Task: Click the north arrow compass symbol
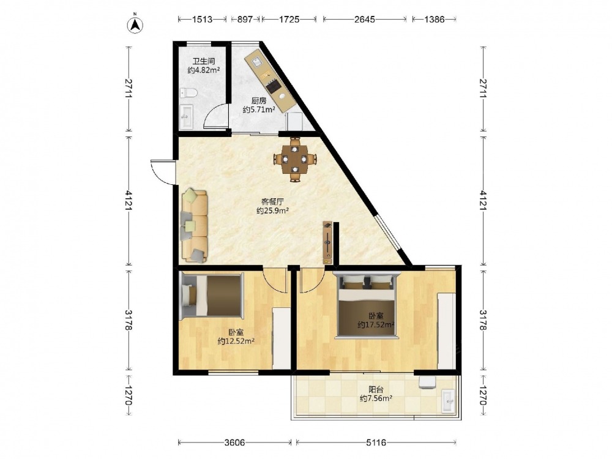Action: coord(135,24)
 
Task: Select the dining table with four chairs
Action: coord(295,159)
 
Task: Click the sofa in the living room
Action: coord(195,225)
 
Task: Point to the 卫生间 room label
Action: coord(204,61)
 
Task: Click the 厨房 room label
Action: coord(259,101)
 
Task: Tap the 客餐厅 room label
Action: coord(272,202)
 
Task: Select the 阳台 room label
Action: coord(376,389)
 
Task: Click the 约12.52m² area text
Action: coord(236,341)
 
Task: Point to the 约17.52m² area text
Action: coord(376,325)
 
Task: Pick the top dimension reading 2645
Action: coord(365,19)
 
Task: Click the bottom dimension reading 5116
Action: coord(376,442)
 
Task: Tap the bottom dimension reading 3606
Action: coord(234,442)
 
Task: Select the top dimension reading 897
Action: coord(245,19)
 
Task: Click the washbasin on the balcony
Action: coord(449,401)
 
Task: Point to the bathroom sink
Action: coord(186,116)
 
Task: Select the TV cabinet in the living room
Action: coord(327,242)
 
